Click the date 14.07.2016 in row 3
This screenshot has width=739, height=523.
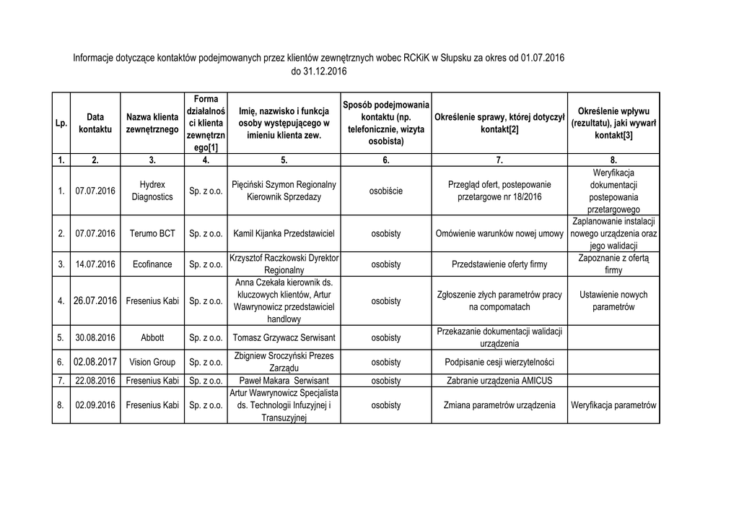click(x=95, y=264)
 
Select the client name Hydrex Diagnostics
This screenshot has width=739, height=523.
click(x=152, y=191)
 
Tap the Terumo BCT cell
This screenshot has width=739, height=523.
click(x=152, y=233)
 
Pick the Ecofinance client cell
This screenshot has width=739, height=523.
click(x=152, y=264)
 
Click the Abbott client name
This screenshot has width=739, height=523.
click(x=152, y=337)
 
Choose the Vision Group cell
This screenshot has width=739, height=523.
click(x=152, y=362)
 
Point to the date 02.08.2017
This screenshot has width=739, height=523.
click(x=95, y=361)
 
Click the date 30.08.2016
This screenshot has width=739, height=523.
click(x=95, y=337)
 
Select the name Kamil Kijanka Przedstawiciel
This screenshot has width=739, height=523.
click(x=284, y=233)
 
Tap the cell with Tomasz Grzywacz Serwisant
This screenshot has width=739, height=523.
click(x=284, y=337)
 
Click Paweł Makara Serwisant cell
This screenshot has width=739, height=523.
click(x=284, y=381)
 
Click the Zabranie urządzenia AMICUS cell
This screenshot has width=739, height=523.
click(x=500, y=381)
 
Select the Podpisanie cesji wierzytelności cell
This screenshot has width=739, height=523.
click(x=500, y=362)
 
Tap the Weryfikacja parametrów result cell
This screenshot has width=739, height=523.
click(x=613, y=405)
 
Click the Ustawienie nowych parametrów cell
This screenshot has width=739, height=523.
click(x=613, y=301)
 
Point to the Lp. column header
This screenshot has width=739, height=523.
click(x=61, y=124)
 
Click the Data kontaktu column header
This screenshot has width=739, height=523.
click(x=95, y=123)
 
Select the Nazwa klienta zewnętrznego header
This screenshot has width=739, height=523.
click(x=152, y=123)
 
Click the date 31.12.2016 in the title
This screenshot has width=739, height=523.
click(x=319, y=72)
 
